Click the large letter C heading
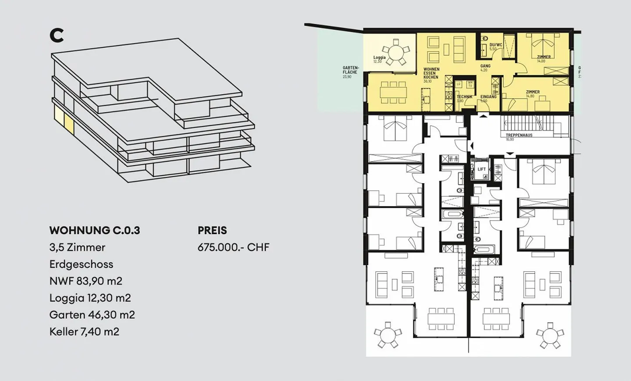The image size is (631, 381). [x=57, y=36]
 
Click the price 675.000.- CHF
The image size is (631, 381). [x=233, y=247]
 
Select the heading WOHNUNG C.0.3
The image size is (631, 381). [x=95, y=231]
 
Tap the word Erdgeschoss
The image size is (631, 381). [x=81, y=264]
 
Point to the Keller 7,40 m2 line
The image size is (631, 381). [x=84, y=332]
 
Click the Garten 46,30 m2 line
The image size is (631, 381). [x=92, y=315]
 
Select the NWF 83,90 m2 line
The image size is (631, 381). [x=85, y=281]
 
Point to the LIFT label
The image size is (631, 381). [x=482, y=169]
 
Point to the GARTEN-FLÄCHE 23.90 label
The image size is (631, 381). [x=350, y=72]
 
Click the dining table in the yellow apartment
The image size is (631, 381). [x=393, y=92]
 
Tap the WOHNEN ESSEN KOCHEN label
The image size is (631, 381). [x=431, y=75]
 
